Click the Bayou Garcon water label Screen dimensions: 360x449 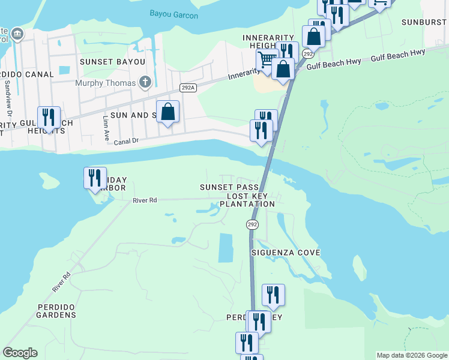(x=173, y=14)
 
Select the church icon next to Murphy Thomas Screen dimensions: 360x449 (x=145, y=82)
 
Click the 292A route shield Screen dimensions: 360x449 (x=188, y=88)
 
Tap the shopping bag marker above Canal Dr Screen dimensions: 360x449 (x=168, y=112)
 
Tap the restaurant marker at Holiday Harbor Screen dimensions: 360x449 (x=95, y=178)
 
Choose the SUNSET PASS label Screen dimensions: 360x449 (x=229, y=188)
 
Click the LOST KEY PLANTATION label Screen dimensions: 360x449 (x=247, y=200)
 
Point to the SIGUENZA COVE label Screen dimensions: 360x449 (x=286, y=253)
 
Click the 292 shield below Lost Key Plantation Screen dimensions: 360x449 (x=252, y=224)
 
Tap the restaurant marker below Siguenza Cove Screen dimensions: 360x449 (x=273, y=295)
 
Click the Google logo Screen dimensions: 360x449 (x=20, y=353)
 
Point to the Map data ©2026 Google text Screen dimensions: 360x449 (x=411, y=355)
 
